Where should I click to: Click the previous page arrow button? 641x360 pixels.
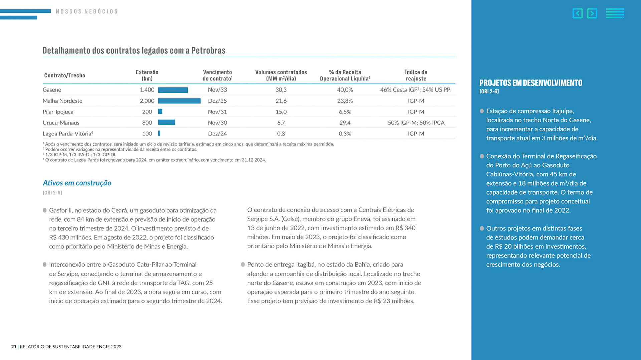[577, 13]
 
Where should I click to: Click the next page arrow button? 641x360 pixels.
[592, 13]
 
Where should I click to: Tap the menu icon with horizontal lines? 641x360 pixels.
[615, 13]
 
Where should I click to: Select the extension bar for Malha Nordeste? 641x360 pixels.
[179, 101]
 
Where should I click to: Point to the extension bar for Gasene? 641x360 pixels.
[173, 90]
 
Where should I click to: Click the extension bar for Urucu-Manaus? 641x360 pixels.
[166, 122]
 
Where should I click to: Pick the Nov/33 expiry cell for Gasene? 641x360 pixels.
[217, 90]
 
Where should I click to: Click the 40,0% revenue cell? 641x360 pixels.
[345, 90]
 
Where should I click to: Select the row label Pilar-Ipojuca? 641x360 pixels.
[58, 112]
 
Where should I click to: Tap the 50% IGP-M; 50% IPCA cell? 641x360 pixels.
[416, 123]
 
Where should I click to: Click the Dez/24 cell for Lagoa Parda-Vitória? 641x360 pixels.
[217, 134]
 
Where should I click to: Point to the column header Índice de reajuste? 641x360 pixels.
[416, 75]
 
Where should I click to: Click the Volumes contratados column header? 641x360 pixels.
[281, 75]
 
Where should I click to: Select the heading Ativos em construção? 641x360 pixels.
[77, 183]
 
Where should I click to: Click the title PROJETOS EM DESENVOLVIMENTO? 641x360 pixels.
[530, 83]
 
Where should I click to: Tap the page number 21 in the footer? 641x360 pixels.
[14, 347]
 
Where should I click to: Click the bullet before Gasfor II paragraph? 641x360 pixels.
[45, 210]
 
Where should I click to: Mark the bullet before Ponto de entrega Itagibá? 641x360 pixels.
[243, 265]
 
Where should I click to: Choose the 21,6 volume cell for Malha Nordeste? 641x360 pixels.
[281, 101]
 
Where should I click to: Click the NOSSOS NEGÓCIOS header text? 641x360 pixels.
[87, 12]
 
